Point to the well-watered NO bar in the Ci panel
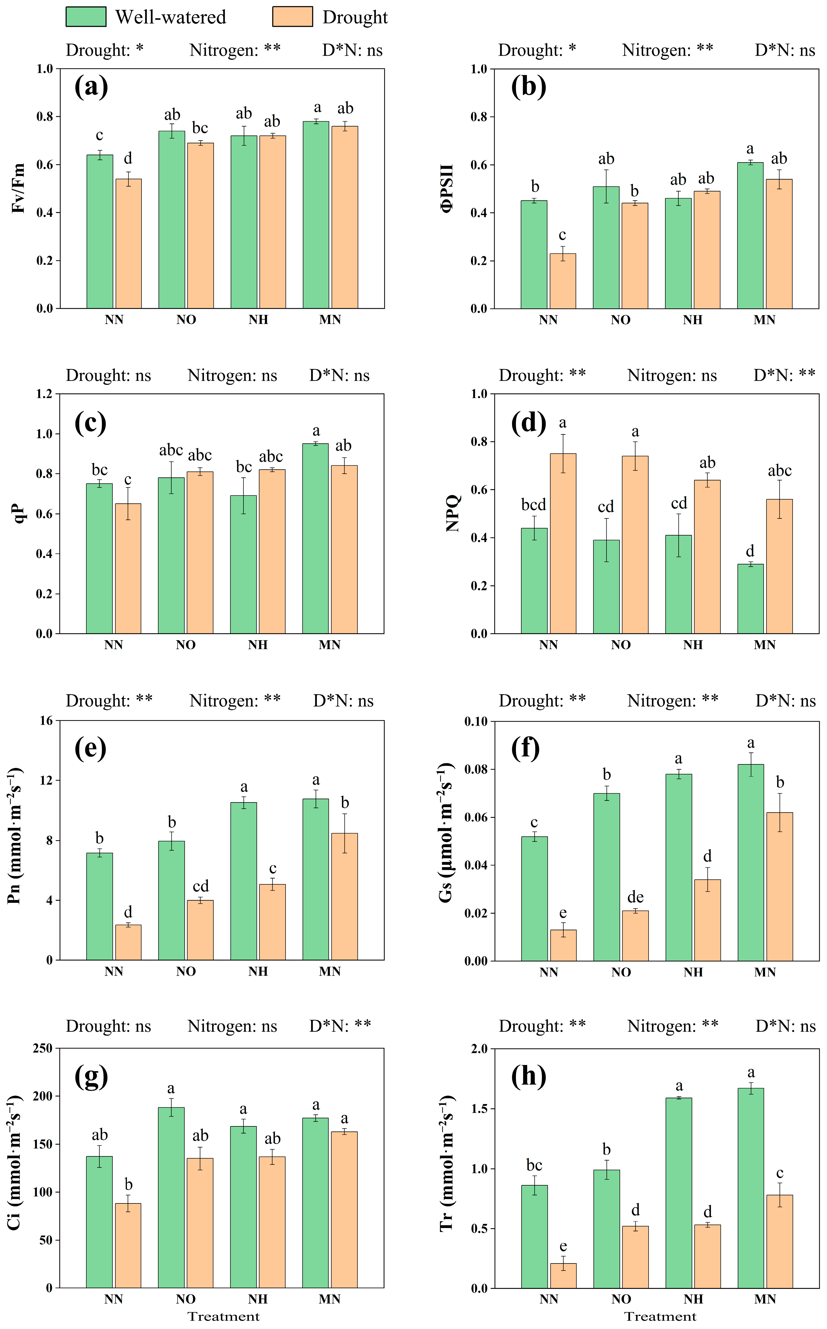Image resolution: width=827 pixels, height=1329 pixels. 171,1197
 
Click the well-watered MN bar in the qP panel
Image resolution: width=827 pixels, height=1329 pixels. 316,538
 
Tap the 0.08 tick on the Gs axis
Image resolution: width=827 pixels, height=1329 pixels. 476,769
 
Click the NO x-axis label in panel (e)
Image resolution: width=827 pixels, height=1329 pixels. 186,971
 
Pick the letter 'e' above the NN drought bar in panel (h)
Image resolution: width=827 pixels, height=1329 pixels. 563,1246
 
